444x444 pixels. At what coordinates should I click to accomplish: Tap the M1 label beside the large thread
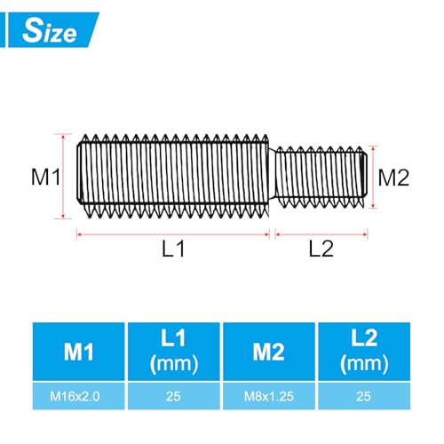(x=44, y=177)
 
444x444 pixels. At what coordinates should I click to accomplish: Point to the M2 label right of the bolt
(x=393, y=177)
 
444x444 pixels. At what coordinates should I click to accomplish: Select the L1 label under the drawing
(x=173, y=250)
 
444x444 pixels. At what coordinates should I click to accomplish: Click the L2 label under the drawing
(x=321, y=250)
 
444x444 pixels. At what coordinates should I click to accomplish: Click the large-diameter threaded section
(x=173, y=176)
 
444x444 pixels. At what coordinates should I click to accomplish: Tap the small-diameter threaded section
(x=320, y=176)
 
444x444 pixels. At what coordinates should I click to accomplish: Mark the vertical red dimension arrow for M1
(x=64, y=176)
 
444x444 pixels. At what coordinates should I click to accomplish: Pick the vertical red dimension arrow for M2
(x=371, y=176)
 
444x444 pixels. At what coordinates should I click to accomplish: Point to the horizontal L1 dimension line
(x=173, y=234)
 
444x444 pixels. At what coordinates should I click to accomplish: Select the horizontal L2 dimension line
(x=321, y=234)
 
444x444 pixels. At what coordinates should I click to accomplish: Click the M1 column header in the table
(x=79, y=353)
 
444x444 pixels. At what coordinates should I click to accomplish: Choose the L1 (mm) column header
(x=173, y=353)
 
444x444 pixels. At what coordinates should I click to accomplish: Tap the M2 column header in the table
(x=269, y=353)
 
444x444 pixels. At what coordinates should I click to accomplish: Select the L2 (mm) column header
(x=364, y=353)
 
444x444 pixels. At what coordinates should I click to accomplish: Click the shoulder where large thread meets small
(x=273, y=176)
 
